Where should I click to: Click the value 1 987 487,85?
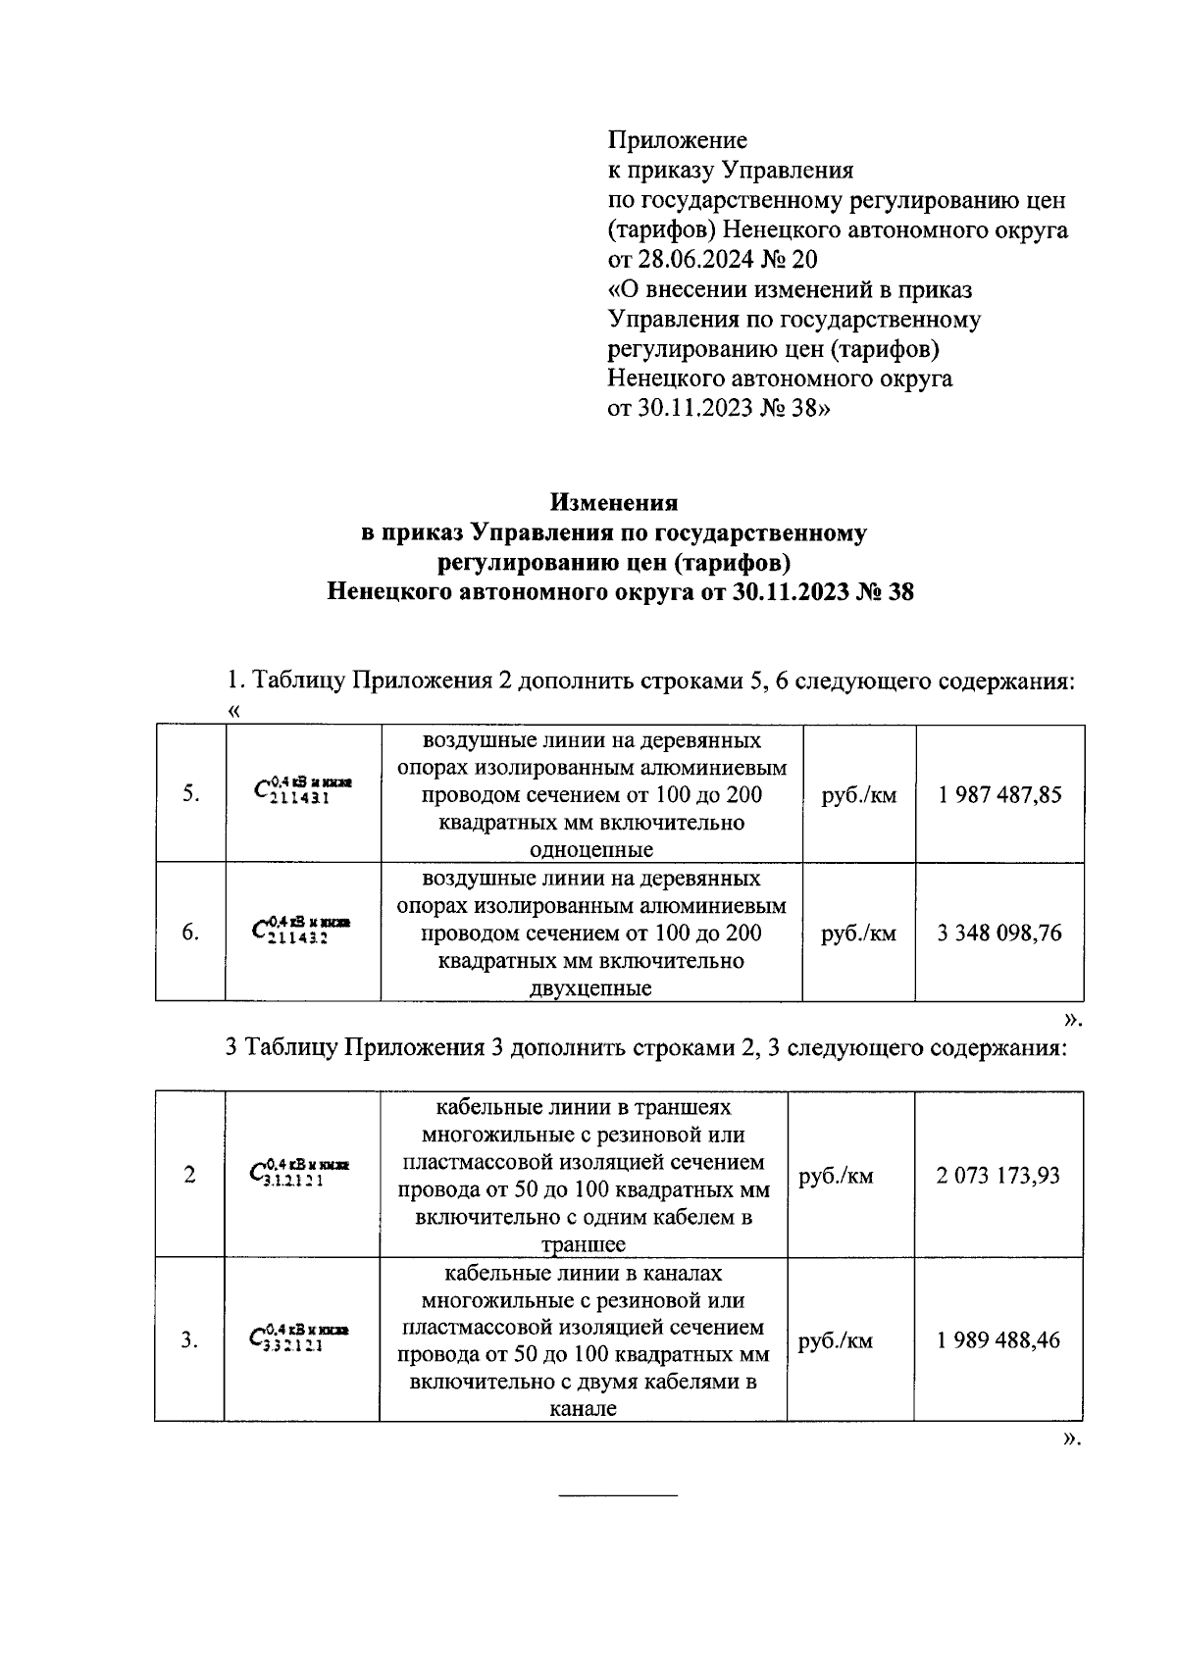tap(999, 794)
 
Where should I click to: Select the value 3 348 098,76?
tap(999, 933)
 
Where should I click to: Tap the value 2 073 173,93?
tap(998, 1175)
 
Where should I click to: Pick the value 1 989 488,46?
tap(998, 1339)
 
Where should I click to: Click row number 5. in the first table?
tap(191, 794)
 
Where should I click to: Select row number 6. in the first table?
tap(191, 933)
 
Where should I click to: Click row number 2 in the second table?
tap(189, 1175)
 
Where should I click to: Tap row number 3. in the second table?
tap(189, 1339)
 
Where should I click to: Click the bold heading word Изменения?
tap(614, 503)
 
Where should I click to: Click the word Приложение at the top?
tap(678, 140)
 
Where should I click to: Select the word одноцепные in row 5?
tap(591, 849)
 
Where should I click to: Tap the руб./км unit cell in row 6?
tap(859, 933)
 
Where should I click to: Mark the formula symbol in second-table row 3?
tap(299, 1337)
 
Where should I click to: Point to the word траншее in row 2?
tap(584, 1245)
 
